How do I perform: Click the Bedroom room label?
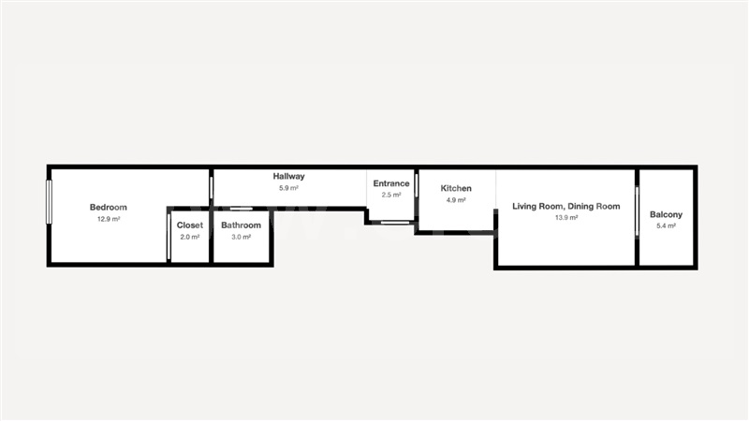coord(109,207)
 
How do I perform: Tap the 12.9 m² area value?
coord(109,219)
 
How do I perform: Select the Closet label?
coord(190,225)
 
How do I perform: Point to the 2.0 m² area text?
coord(190,237)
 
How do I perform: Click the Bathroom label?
coord(242,225)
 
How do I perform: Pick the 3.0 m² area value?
coord(242,237)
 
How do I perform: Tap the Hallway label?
coord(289,176)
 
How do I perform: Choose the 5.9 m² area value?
coord(289,188)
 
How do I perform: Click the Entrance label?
coord(391,183)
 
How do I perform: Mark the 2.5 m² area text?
coord(391,195)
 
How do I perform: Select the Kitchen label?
coord(456,188)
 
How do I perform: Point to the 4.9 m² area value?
coord(456,200)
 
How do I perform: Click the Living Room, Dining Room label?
coord(566,206)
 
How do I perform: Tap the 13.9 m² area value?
coord(566,218)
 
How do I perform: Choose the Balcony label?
coord(666,214)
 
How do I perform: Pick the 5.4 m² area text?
coord(666,225)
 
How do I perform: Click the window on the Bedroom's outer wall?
coord(49,202)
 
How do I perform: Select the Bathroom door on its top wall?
coord(242,209)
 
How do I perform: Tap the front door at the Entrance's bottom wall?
coord(395,223)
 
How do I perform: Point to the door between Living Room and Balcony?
coord(637,211)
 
